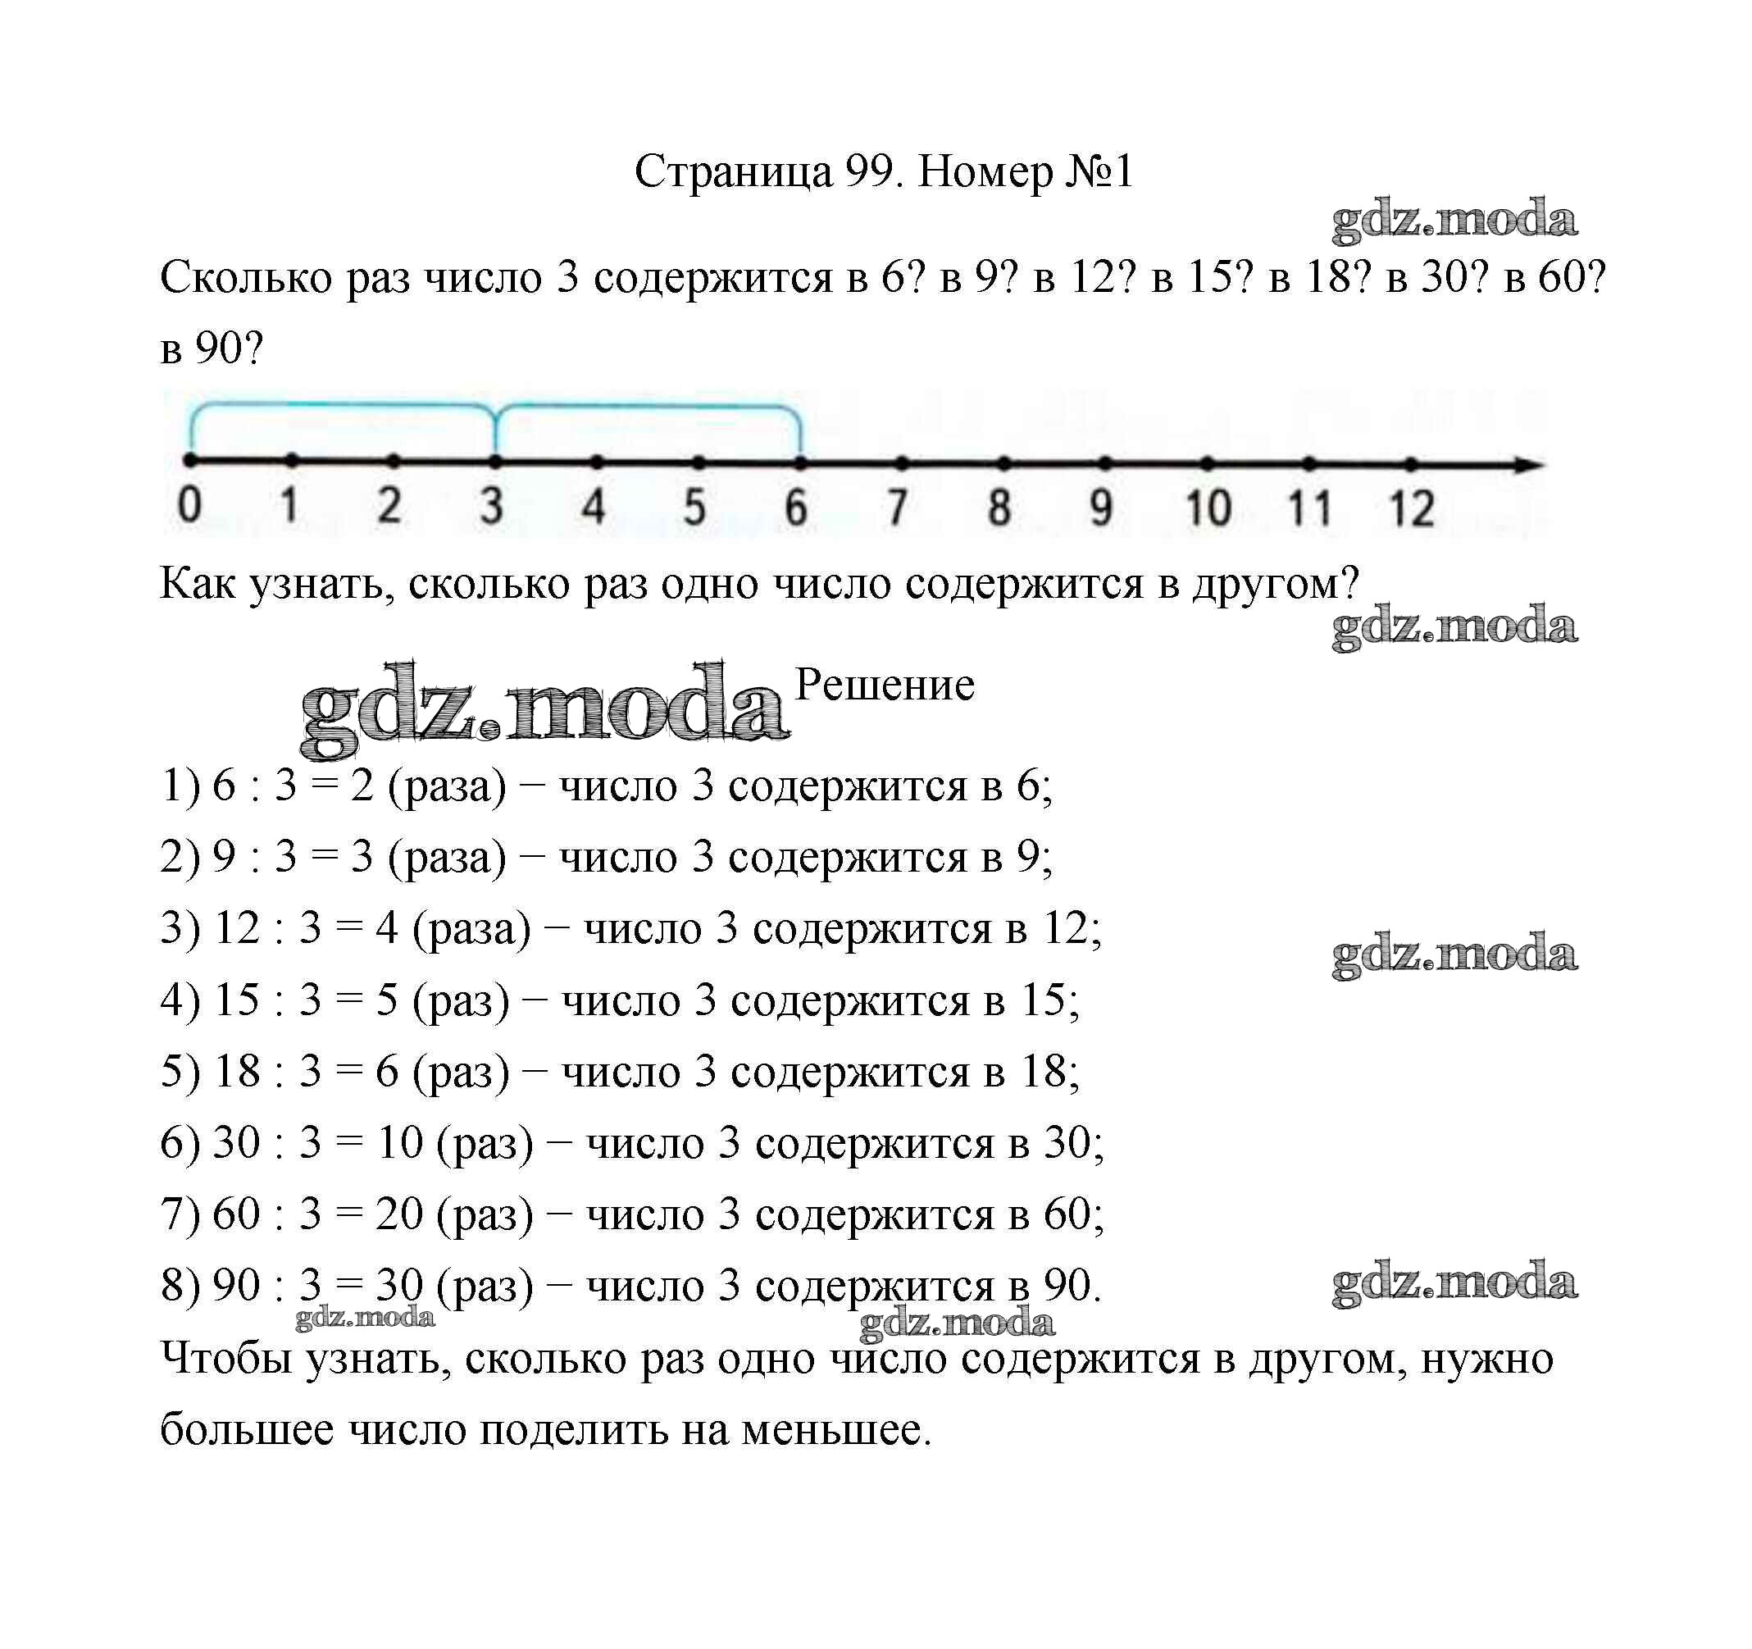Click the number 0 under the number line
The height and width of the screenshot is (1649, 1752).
click(189, 505)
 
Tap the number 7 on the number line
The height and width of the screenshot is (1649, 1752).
click(897, 508)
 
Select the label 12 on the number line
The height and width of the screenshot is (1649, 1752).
click(1411, 508)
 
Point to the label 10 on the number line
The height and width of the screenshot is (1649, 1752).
click(1208, 508)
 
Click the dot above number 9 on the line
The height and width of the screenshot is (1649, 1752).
click(1105, 462)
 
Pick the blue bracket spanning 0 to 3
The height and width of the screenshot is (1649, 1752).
click(342, 408)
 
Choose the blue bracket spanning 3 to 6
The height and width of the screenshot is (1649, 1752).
click(648, 408)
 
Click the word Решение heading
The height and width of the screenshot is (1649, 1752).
click(885, 685)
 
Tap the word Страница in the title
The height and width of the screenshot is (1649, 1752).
click(732, 171)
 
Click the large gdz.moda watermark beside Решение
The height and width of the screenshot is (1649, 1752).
click(544, 710)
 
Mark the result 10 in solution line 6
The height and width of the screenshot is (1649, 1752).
click(400, 1143)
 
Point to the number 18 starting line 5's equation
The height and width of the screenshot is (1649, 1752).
click(237, 1072)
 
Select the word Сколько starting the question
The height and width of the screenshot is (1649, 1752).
click(246, 278)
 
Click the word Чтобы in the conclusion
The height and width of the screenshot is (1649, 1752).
click(225, 1358)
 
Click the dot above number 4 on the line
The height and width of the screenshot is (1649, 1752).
click(597, 461)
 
